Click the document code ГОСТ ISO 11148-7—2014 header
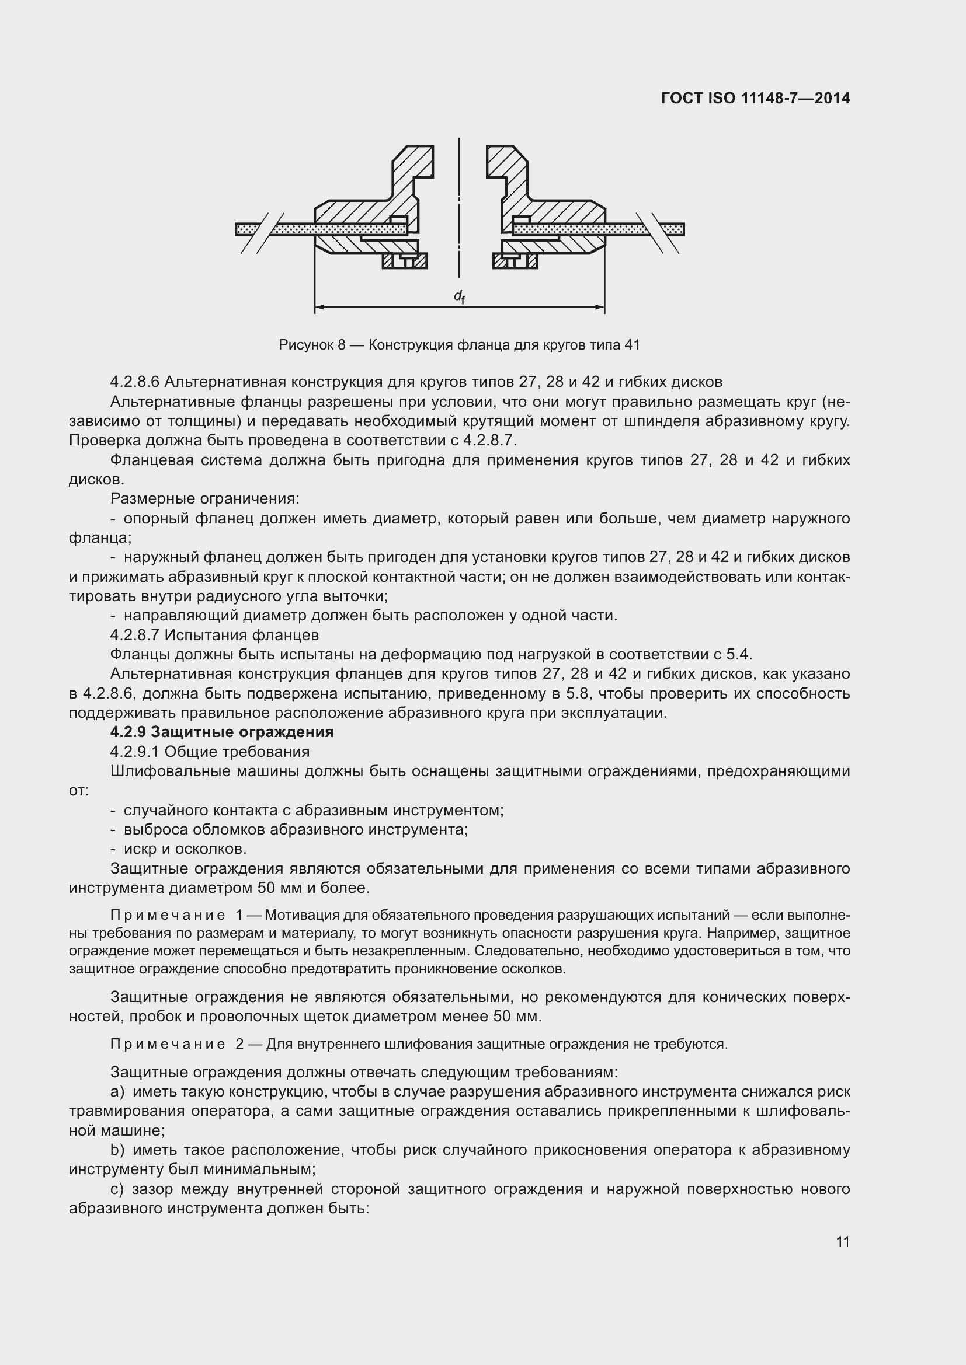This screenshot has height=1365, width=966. tap(755, 98)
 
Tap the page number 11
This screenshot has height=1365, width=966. tap(842, 1241)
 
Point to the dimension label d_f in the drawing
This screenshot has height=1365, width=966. tap(459, 296)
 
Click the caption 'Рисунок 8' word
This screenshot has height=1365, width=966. tap(312, 345)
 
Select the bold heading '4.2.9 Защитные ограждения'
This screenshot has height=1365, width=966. tap(222, 732)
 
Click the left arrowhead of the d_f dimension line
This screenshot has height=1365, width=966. tap(318, 308)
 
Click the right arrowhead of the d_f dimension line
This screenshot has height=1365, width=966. tap(601, 308)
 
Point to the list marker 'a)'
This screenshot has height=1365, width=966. tap(117, 1091)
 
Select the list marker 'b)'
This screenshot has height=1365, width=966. tap(117, 1150)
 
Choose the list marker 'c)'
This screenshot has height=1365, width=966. tap(117, 1189)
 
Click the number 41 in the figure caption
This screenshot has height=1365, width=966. tap(632, 345)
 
